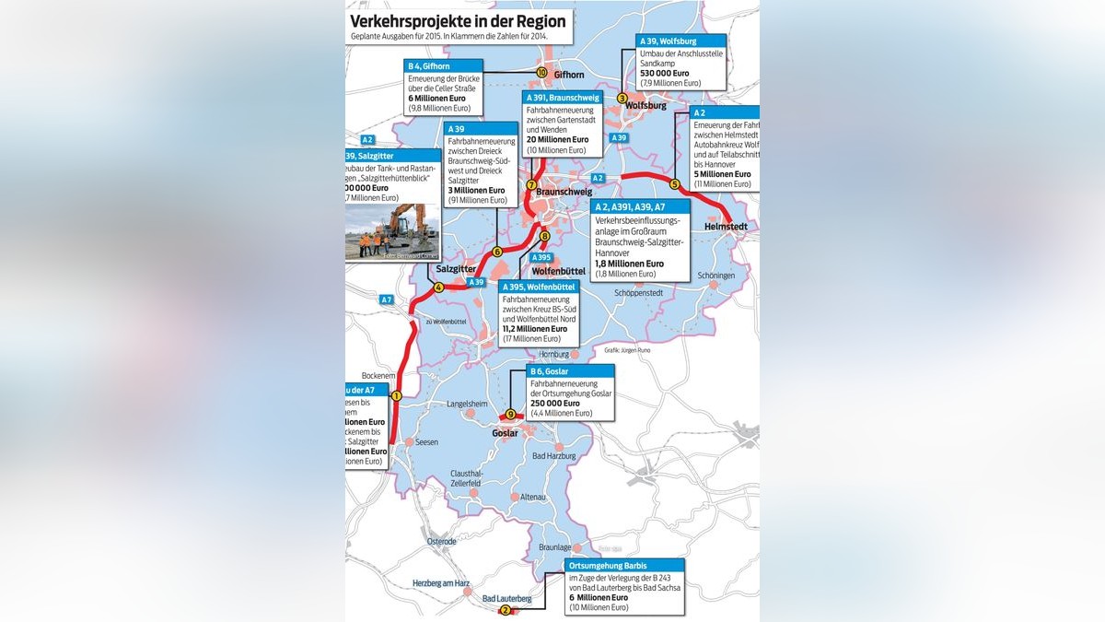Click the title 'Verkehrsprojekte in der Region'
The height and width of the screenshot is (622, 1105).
coord(459,21)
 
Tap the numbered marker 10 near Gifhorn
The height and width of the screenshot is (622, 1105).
coord(541,73)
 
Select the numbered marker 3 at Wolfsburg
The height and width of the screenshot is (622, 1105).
coord(622,99)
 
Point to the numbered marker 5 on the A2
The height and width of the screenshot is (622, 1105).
coord(674,184)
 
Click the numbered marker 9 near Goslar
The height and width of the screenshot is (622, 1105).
coord(510,415)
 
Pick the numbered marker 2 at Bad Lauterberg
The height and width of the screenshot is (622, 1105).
coord(504,609)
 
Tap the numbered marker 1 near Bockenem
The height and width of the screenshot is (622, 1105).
coord(397,396)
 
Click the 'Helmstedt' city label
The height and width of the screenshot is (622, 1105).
coord(726,226)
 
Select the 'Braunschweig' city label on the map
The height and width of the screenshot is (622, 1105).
coord(564,192)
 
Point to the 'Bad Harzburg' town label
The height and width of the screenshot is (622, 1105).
coord(554,456)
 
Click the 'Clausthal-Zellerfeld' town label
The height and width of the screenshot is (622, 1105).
coord(466,478)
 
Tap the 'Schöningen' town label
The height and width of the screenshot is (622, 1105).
coord(716,276)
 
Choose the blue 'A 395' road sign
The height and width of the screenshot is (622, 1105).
coord(543,257)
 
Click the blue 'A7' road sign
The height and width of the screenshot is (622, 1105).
coord(387,299)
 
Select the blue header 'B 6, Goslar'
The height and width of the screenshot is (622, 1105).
coord(552,372)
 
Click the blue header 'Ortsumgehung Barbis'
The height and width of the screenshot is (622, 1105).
coord(608,565)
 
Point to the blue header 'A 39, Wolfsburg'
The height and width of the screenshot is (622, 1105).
coord(669,41)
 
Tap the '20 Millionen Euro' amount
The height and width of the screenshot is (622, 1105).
coord(557,140)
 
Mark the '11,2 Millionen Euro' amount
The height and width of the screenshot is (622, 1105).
coord(535,329)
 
